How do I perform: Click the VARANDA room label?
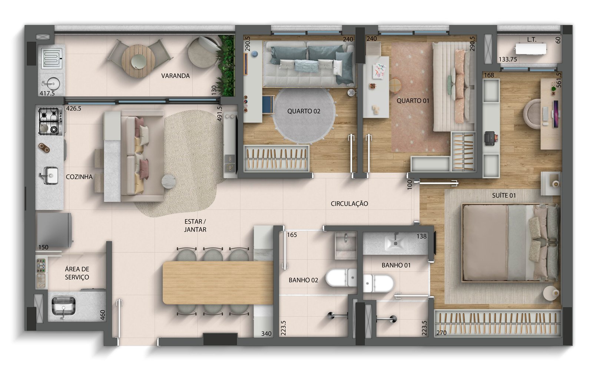point(175,76)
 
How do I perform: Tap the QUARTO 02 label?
point(304,111)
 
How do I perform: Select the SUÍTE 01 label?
point(504,195)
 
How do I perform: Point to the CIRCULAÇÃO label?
point(349,204)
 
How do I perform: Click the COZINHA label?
point(79,177)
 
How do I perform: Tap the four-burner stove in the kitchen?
point(50,121)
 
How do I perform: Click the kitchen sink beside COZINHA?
point(50,175)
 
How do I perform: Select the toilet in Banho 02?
point(341,278)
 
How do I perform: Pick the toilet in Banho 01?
point(378,283)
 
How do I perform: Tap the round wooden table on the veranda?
point(138,61)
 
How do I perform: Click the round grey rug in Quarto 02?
point(304,115)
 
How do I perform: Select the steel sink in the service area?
point(63,306)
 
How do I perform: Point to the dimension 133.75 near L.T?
point(508,60)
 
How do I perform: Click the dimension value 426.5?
point(74,108)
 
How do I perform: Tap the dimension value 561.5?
point(559,80)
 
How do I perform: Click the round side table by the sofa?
point(169,182)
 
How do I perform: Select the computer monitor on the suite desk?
point(556,114)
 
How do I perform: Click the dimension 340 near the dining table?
point(266,333)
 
